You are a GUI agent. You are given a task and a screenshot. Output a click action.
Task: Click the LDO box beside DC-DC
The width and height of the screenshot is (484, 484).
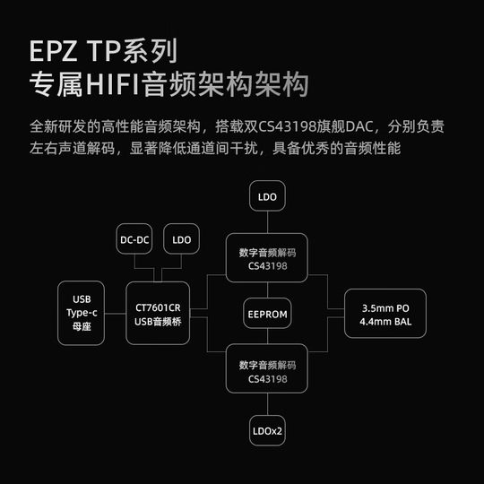pos(182,239)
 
